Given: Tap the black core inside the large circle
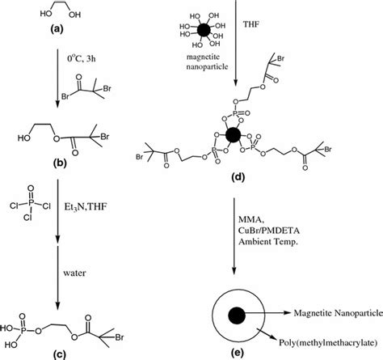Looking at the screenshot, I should coord(237,314).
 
